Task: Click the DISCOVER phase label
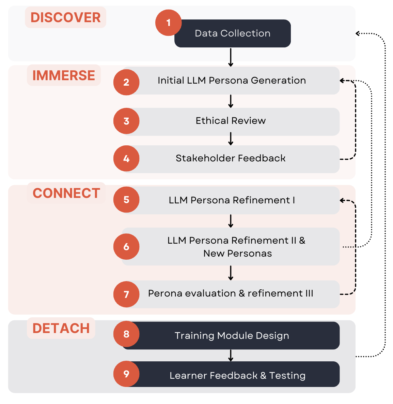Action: [x=65, y=17]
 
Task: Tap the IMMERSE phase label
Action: [x=64, y=75]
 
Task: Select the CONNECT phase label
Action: [x=66, y=193]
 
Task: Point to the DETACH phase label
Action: [x=61, y=328]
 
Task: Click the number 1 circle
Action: [x=168, y=23]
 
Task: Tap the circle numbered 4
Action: [x=126, y=159]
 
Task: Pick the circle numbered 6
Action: [x=126, y=247]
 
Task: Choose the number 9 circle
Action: [x=126, y=374]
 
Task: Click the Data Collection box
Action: [x=233, y=33]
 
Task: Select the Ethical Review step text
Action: [x=231, y=121]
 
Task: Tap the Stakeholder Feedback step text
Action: [x=231, y=158]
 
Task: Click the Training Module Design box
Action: [x=232, y=336]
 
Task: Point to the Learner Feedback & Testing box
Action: [x=237, y=375]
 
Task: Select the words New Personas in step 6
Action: [x=237, y=254]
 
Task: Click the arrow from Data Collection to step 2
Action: [x=231, y=57]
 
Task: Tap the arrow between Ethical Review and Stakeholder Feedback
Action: [x=231, y=139]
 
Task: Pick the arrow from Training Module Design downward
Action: [x=231, y=355]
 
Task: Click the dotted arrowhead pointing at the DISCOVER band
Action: [x=358, y=33]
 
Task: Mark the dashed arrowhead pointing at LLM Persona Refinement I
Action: [x=342, y=200]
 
